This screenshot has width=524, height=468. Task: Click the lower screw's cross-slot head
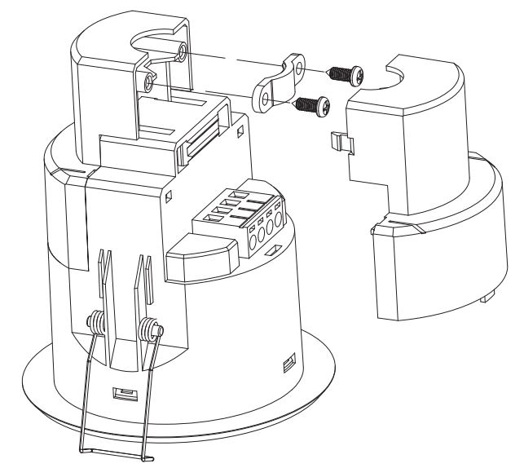click(323, 104)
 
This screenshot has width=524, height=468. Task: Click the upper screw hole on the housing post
click(182, 53)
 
